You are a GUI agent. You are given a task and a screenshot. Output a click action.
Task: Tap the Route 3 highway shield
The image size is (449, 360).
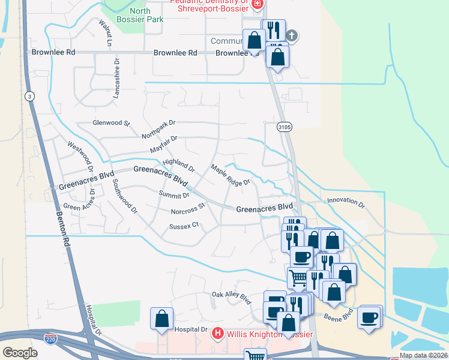pyautogui.click(x=29, y=96)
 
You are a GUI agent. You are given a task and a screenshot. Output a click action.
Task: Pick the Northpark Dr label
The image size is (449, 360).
pyautogui.click(x=158, y=127)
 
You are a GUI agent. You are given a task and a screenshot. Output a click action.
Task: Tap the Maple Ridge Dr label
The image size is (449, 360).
pyautogui.click(x=229, y=175)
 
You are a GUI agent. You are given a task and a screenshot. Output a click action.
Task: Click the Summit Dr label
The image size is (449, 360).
pyautogui.click(x=174, y=194)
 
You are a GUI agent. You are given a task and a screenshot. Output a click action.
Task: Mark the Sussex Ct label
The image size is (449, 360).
pyautogui.click(x=184, y=226)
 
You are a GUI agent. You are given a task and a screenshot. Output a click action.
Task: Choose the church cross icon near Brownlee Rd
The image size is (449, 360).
pyautogui.click(x=292, y=36)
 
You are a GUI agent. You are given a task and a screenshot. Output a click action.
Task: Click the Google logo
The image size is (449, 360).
pyautogui.click(x=20, y=352)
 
